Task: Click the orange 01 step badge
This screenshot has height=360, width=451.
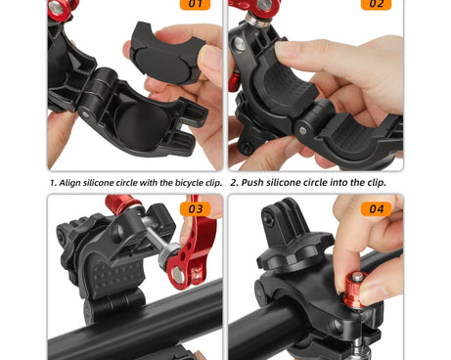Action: (195, 4)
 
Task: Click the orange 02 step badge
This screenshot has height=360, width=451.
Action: (376, 4)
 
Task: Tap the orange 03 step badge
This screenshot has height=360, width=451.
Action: (196, 208)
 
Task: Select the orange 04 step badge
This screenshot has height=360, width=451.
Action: (376, 208)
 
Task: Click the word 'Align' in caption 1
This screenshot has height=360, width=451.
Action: (69, 183)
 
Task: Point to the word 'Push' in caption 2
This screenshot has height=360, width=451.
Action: (252, 182)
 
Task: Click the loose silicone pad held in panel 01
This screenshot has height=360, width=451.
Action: (167, 53)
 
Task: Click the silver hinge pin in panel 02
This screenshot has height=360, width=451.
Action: (302, 130)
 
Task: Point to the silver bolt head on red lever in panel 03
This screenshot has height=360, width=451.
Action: (178, 274)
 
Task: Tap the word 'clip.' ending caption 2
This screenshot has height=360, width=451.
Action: (377, 182)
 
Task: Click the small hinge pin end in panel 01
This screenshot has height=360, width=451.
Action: (85, 114)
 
